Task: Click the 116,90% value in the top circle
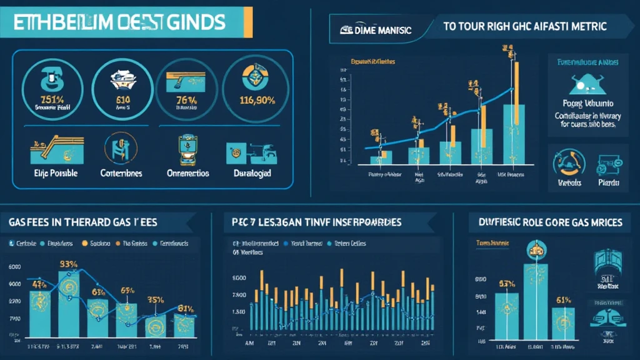tap(256, 100)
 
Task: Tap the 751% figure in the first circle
tap(47, 100)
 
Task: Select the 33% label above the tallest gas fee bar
tap(68, 264)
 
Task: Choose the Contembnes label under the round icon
tap(121, 173)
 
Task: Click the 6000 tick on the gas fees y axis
tap(14, 267)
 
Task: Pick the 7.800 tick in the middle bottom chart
tap(239, 296)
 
